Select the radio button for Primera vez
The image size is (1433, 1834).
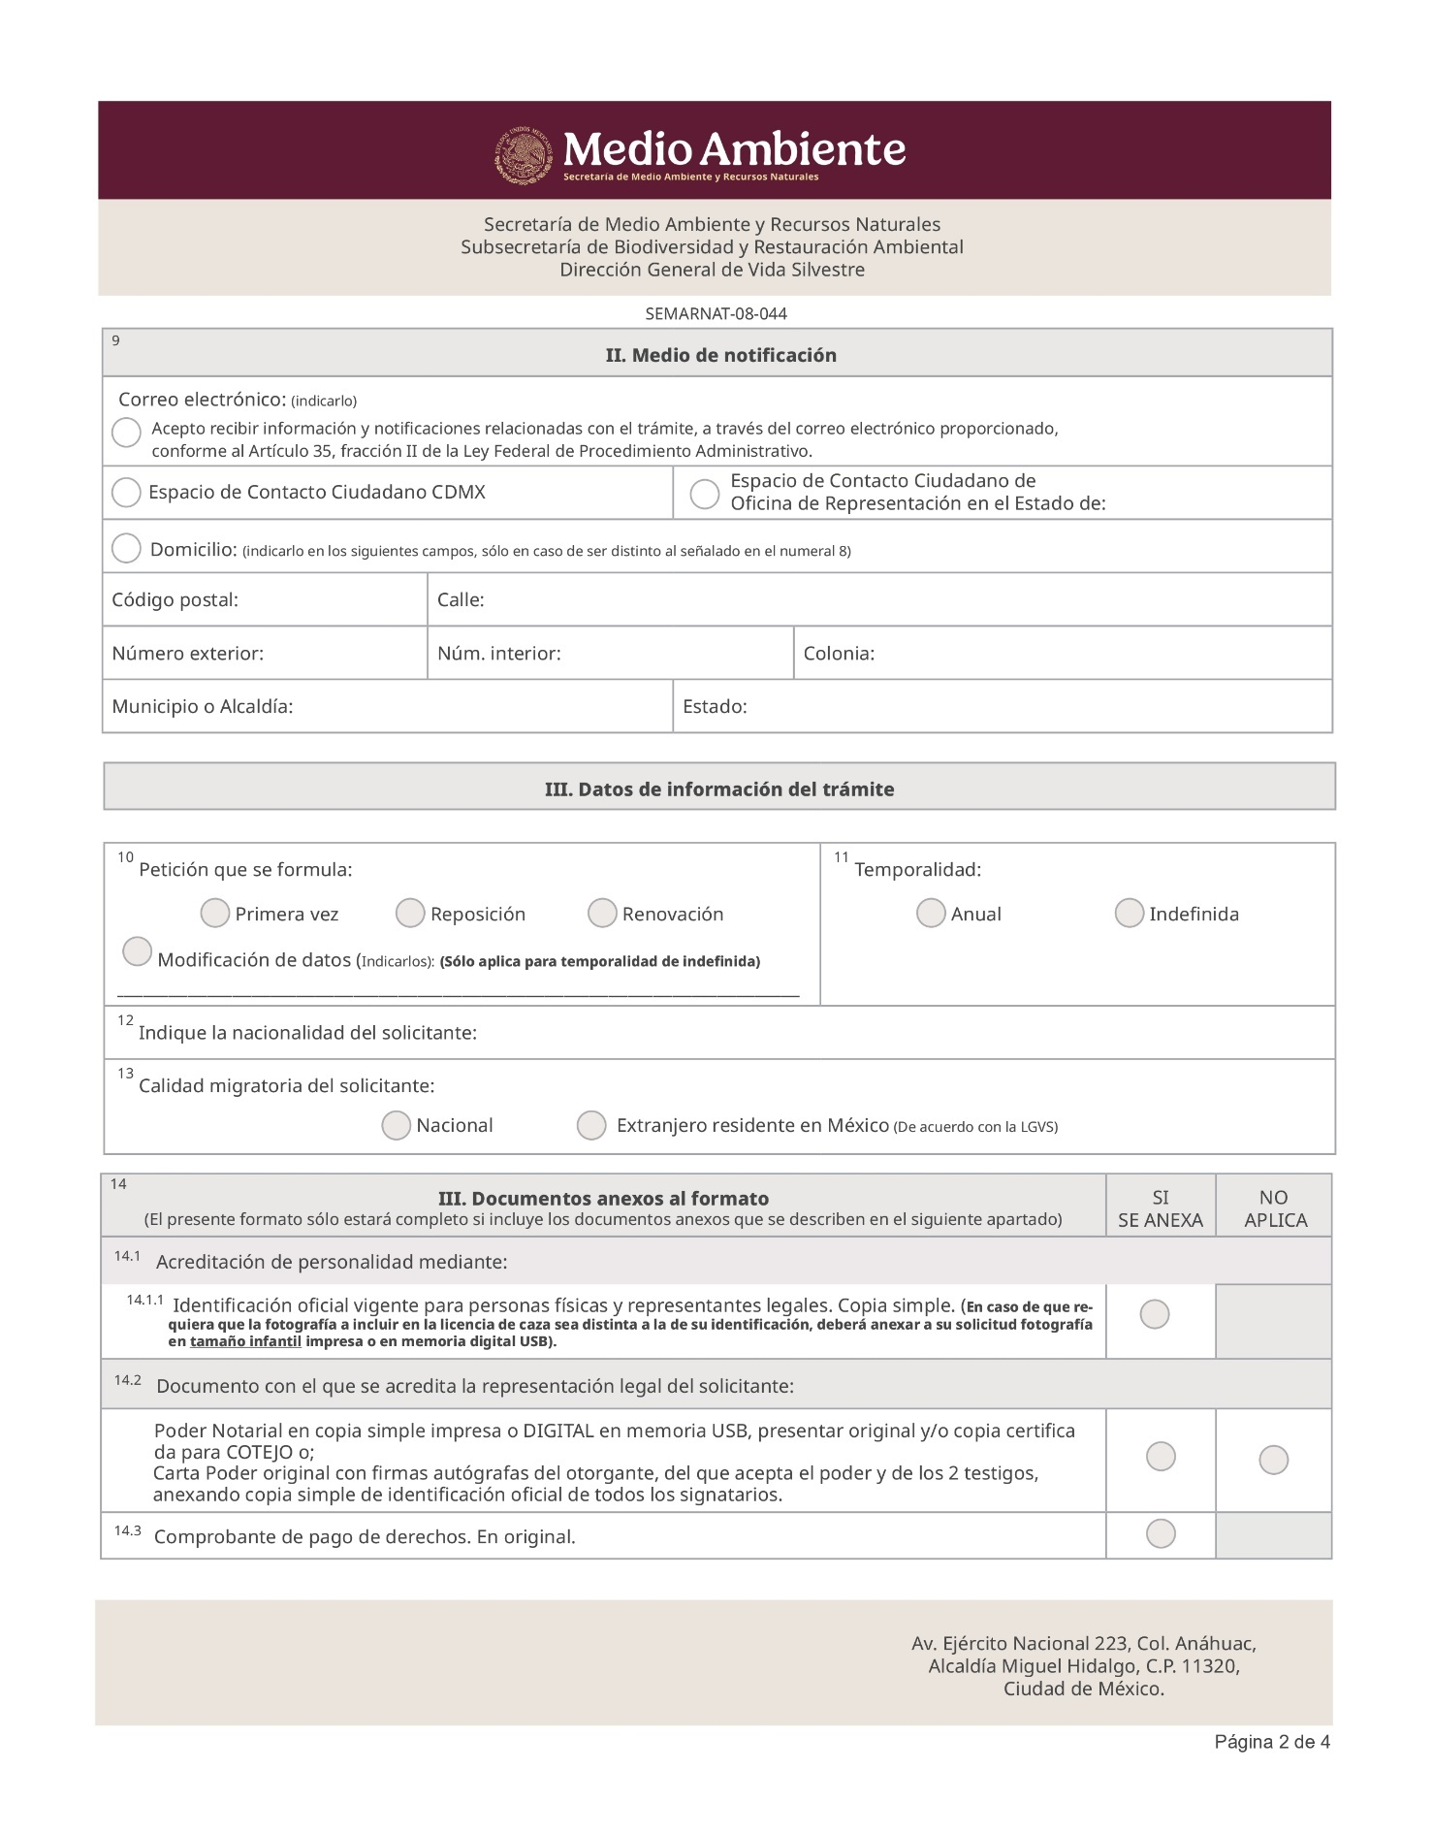214,913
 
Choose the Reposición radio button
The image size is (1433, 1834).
410,913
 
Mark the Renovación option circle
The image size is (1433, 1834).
602,913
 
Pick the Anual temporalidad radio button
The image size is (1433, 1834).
931,913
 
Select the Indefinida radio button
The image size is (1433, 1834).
1130,913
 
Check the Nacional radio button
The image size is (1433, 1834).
396,1125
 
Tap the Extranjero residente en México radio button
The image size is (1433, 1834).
591,1125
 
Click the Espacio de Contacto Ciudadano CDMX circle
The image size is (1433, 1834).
126,493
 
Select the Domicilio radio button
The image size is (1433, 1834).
126,548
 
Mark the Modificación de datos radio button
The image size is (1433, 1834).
138,951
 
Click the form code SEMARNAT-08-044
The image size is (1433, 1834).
716,314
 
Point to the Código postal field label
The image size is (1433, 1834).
175,600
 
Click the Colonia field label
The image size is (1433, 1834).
839,654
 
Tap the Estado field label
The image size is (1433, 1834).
715,707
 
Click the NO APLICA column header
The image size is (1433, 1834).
1274,1208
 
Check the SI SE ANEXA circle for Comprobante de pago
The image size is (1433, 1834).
1161,1533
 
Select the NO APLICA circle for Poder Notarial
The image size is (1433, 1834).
1273,1460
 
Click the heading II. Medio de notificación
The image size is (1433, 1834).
720,355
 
